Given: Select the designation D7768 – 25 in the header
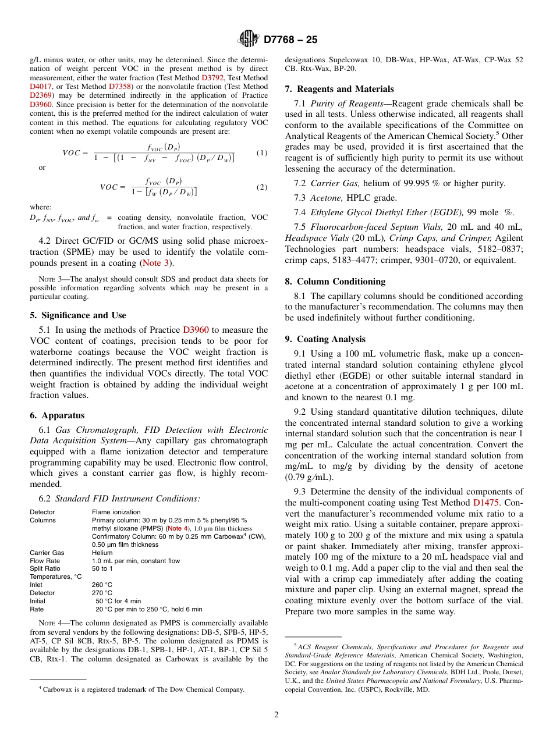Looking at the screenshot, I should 290,40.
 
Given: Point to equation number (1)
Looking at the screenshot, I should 262,153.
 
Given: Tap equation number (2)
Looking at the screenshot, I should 262,187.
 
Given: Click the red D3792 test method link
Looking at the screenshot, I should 212,77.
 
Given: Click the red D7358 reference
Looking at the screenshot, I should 121,86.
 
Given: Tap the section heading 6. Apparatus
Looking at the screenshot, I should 57,415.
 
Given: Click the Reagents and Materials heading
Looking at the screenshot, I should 339,89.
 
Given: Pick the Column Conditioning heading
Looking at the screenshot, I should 335,282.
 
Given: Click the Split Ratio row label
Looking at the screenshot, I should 45,568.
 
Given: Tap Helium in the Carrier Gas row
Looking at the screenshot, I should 102,553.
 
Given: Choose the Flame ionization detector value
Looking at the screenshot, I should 116,512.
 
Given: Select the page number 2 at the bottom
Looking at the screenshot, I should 276,715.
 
